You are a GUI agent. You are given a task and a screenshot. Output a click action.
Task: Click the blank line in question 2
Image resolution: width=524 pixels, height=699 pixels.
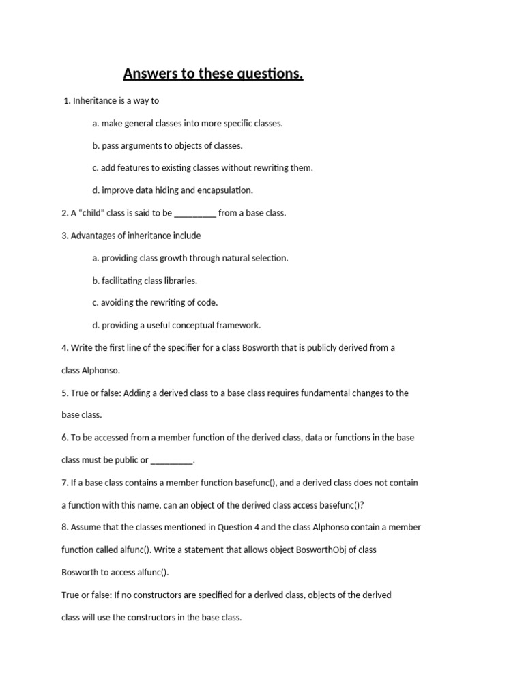195,213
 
